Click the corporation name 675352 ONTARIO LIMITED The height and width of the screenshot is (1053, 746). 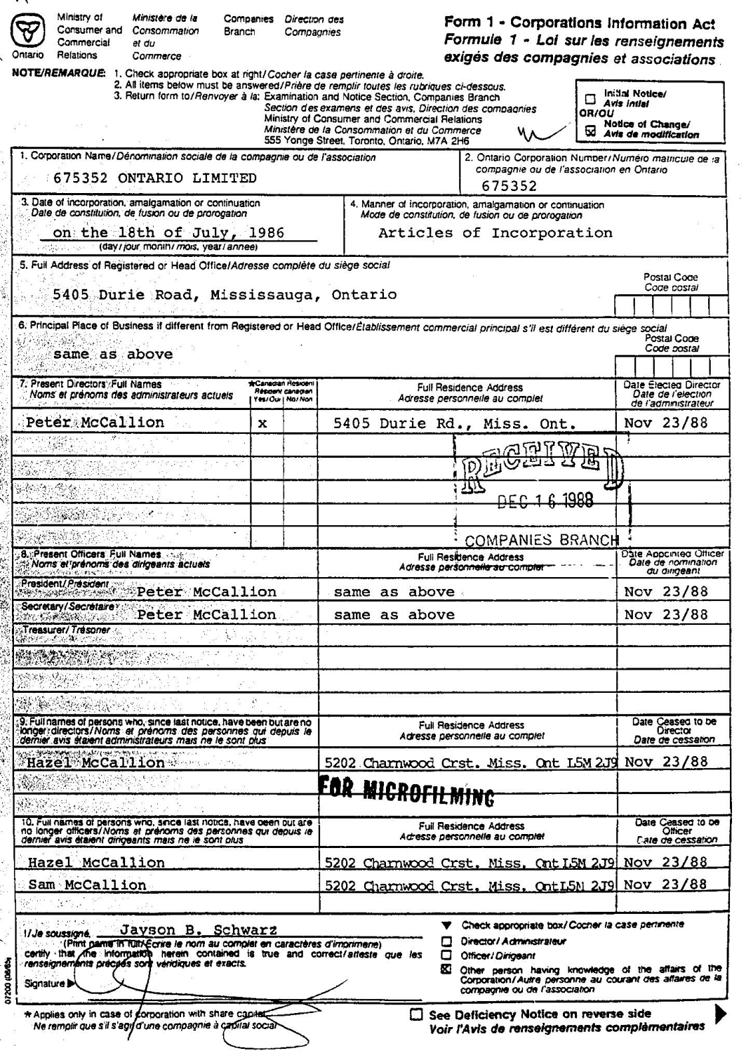point(155,178)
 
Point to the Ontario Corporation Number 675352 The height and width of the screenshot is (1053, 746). point(509,186)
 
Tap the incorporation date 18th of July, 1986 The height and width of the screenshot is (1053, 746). point(168,233)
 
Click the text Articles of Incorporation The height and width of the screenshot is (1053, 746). point(495,233)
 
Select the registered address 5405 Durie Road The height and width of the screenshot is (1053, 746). point(225,295)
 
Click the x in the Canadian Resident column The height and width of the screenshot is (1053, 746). point(262,424)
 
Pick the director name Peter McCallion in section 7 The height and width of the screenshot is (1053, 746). point(95,423)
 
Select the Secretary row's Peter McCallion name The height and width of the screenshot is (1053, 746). point(206,615)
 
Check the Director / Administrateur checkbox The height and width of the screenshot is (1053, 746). point(446,941)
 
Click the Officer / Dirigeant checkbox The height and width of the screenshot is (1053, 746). point(446,955)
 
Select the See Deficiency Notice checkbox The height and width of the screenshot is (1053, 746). point(417,1014)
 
